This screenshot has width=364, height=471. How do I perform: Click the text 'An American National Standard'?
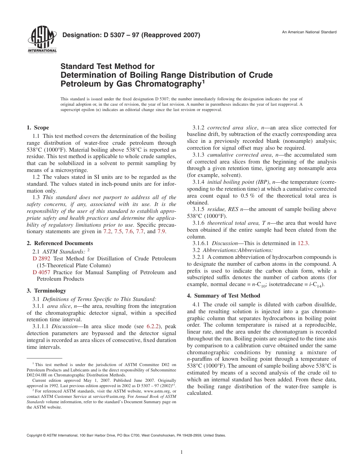pyautogui.click(x=309, y=32)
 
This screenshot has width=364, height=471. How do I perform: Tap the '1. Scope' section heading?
pyautogui.click(x=38, y=128)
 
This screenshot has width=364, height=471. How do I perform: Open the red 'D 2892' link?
pyautogui.click(x=41, y=258)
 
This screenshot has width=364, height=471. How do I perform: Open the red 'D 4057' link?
pyautogui.click(x=41, y=272)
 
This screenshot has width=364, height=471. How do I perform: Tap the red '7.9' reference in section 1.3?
pyautogui.click(x=161, y=231)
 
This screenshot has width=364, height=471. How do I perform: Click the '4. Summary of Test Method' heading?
pyautogui.click(x=223, y=296)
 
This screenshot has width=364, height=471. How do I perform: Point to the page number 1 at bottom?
pyautogui.click(x=182, y=452)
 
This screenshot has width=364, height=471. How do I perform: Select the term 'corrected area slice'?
pyautogui.click(x=232, y=128)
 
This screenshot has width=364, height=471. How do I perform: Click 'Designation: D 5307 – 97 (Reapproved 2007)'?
pyautogui.click(x=131, y=36)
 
